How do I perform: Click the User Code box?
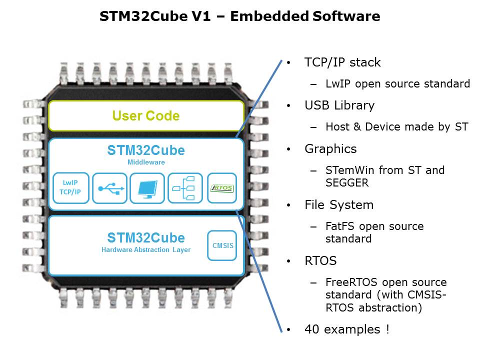click(146, 116)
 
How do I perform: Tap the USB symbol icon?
click(109, 188)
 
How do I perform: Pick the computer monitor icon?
click(147, 188)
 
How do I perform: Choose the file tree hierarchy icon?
click(185, 188)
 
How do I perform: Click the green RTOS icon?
click(222, 188)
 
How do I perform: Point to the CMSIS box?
click(222, 245)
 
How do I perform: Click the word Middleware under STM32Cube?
click(146, 162)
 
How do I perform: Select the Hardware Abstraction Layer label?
click(146, 249)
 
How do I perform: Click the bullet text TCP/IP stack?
click(342, 62)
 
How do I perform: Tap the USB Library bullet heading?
click(339, 105)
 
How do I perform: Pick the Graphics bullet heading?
click(330, 148)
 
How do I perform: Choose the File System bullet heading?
click(339, 204)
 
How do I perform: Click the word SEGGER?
click(347, 183)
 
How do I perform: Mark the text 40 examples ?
click(346, 329)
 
